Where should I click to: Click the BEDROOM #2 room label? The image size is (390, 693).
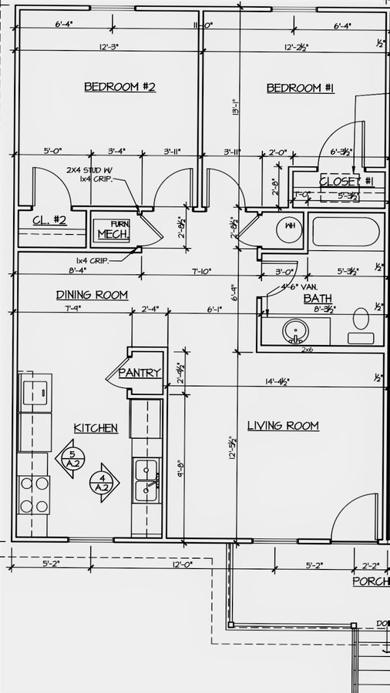(x=119, y=87)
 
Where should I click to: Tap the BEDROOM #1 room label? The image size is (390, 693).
(x=300, y=88)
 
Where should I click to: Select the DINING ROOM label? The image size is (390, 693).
(x=92, y=295)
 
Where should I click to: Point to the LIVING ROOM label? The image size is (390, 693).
(x=282, y=426)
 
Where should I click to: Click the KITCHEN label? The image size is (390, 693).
(x=96, y=428)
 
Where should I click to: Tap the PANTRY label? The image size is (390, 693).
(x=140, y=373)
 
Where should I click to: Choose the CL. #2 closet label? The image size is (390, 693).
(x=49, y=221)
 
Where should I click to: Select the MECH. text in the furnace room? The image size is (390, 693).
(x=112, y=234)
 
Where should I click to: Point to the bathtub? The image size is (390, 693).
(x=345, y=232)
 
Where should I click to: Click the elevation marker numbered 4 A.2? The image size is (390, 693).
(x=103, y=482)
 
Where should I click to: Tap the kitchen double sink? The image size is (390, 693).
(x=146, y=480)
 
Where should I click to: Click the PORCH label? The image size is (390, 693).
(x=370, y=581)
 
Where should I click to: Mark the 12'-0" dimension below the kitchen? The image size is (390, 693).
(x=182, y=564)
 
